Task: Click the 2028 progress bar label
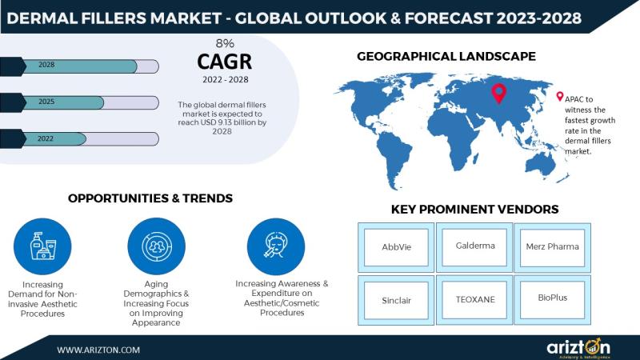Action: coord(46,65)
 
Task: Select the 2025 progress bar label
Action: coord(46,102)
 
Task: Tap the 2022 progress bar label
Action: coord(46,138)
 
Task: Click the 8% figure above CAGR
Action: coord(225,43)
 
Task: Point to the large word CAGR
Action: coord(225,62)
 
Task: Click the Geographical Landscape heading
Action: coord(446,56)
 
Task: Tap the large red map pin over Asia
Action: coord(498,93)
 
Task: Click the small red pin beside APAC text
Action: coord(559,96)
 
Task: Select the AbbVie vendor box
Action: coord(396,247)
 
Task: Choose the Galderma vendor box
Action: coord(474,247)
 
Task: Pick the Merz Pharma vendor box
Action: coord(552,247)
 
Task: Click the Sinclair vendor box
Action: coord(396,300)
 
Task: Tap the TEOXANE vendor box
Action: coord(474,300)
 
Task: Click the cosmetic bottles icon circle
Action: coord(42,246)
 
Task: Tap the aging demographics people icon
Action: coord(156,246)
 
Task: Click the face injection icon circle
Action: coord(276,246)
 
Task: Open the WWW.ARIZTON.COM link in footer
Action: coord(98,350)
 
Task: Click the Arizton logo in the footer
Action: coord(578,348)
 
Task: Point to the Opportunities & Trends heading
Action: coord(150,198)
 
